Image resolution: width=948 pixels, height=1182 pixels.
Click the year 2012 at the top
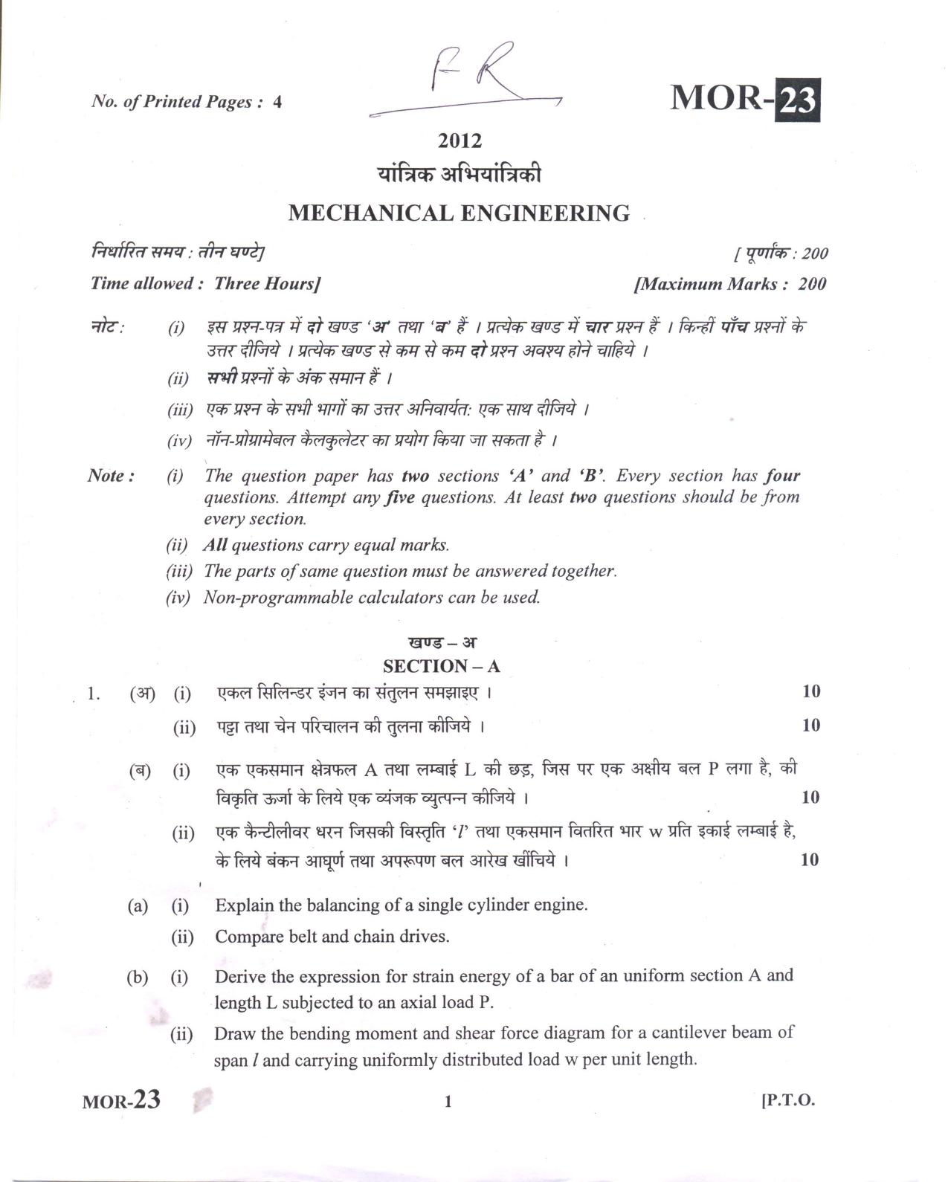pyautogui.click(x=460, y=141)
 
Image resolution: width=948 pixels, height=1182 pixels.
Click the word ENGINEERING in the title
pyautogui.click(x=545, y=214)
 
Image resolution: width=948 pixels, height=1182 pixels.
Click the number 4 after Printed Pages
pyautogui.click(x=277, y=103)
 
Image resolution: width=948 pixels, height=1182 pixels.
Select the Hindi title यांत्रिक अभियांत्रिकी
pyautogui.click(x=460, y=175)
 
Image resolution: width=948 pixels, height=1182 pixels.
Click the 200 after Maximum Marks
pyautogui.click(x=812, y=284)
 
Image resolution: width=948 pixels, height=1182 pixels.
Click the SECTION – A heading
pyautogui.click(x=441, y=666)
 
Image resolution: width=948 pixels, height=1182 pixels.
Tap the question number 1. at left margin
pyautogui.click(x=94, y=694)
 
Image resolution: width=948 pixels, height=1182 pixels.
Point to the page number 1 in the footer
pyautogui.click(x=448, y=1102)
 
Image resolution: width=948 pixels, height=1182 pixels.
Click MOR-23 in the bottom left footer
pyautogui.click(x=121, y=1101)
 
